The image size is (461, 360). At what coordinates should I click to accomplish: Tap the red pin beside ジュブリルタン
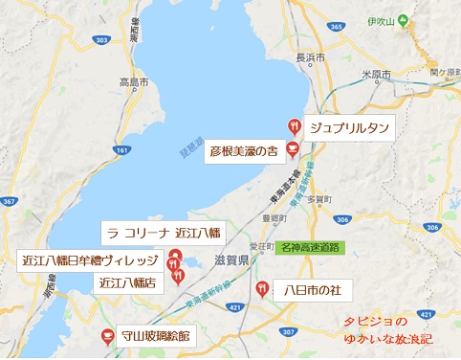295,125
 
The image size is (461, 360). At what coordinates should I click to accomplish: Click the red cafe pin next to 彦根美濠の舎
293,149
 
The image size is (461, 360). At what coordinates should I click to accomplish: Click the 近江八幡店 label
128,281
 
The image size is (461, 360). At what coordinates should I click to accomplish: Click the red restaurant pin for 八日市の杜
262,287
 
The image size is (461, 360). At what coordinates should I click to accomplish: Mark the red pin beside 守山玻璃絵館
107,335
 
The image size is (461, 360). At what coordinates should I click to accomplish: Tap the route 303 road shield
102,40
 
